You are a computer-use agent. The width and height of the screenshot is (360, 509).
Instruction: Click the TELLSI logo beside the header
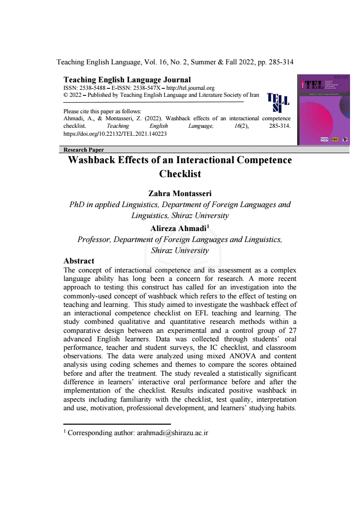[x=278, y=102]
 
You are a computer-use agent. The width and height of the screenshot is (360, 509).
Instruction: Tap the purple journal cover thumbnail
[x=323, y=110]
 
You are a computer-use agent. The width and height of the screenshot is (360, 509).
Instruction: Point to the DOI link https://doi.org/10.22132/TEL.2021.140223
[x=115, y=134]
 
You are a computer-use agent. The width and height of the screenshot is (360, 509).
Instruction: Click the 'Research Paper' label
[x=84, y=150]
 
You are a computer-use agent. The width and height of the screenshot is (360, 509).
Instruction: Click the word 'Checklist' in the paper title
[x=180, y=174]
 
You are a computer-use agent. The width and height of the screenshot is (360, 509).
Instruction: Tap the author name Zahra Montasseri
[x=180, y=194]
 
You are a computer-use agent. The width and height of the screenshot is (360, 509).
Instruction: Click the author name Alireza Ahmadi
[x=178, y=229]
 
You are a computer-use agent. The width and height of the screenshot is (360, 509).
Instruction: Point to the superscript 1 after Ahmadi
[x=207, y=227]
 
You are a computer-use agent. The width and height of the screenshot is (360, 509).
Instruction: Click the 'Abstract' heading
[x=79, y=261]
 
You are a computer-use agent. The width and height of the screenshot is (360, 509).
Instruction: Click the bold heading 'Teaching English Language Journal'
[x=127, y=80]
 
